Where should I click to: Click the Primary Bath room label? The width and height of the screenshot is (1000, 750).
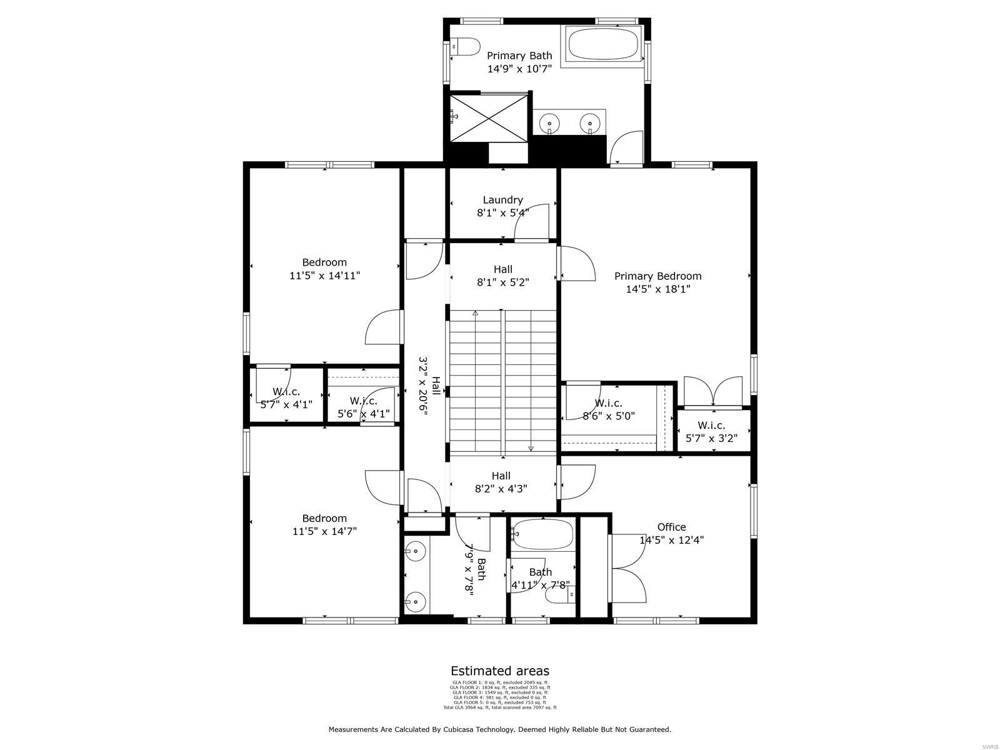[519, 56]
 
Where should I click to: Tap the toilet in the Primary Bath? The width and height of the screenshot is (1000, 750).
[465, 47]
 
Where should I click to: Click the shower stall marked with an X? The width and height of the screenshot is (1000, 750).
[489, 117]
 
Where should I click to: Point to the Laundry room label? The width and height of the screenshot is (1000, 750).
[502, 200]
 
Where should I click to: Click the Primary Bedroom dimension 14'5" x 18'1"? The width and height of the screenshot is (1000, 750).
[657, 289]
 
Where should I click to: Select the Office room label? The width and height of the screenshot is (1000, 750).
[671, 527]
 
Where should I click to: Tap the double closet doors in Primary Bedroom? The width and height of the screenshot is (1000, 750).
[713, 392]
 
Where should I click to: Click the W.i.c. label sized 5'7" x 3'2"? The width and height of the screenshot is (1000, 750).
[711, 426]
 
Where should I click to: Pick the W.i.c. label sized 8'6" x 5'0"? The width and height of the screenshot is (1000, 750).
[608, 403]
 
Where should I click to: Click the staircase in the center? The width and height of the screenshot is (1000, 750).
[503, 381]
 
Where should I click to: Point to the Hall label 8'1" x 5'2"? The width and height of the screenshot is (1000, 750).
[502, 269]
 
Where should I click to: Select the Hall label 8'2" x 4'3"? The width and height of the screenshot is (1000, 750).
[501, 476]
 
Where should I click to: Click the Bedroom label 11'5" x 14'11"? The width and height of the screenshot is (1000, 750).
[324, 262]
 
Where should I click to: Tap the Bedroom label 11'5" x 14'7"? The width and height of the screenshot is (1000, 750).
[324, 518]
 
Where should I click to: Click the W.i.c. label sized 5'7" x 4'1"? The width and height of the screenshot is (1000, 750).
[286, 392]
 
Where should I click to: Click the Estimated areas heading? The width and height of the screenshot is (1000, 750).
[500, 671]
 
